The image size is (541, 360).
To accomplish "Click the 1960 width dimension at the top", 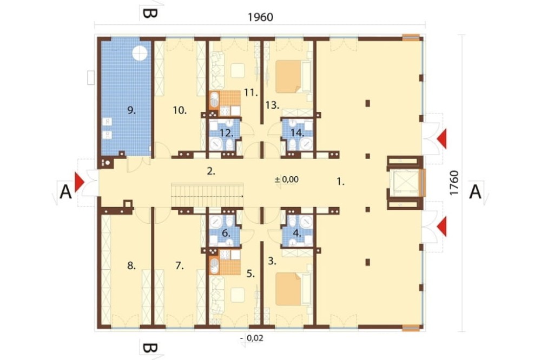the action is point(261,17).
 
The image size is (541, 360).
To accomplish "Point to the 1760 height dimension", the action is point(454,183).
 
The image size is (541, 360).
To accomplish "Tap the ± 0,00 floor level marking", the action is point(286,179).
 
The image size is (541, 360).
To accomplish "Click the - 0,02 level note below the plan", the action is point(252,338).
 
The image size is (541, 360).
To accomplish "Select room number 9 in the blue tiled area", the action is point(131,110).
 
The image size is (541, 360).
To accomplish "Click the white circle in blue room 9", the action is point(140,53).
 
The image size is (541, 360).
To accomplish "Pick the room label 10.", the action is point(180,110).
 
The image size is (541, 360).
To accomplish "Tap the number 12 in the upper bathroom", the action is point(226,133).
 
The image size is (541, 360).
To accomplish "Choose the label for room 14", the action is point(296,132).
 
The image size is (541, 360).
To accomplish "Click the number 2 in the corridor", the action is point(211,171).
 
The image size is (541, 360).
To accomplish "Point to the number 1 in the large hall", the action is point(340,182).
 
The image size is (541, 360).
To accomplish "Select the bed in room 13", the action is point(294,77).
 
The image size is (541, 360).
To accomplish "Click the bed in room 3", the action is point(294,289).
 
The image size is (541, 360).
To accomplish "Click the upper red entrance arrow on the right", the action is point(441,139).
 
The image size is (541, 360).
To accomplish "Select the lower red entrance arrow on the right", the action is point(441,227).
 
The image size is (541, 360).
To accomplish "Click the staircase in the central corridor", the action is point(207,195).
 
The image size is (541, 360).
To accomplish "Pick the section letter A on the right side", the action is point(475,192).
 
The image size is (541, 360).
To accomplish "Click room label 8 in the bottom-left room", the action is point(131,265).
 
